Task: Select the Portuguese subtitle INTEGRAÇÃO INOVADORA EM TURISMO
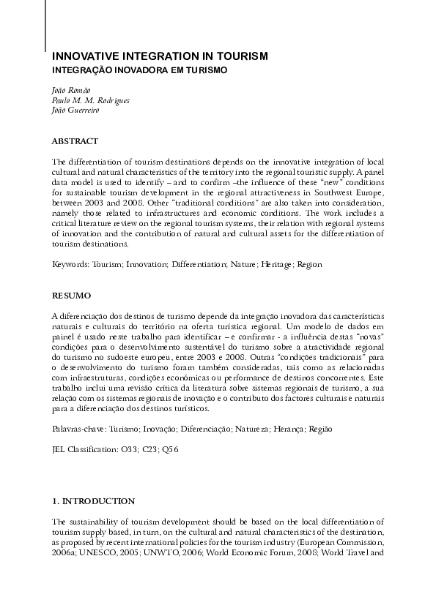(140, 70)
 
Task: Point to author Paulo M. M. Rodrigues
(90, 100)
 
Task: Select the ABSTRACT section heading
(75, 140)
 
